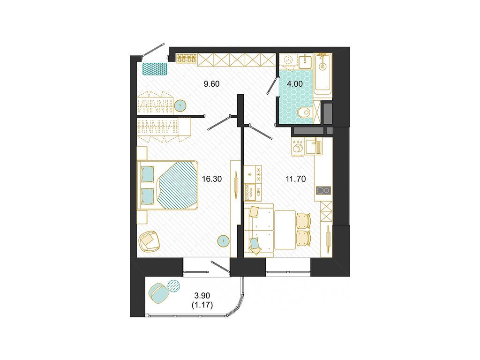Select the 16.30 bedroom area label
[x=211, y=179]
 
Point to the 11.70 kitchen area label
[x=296, y=179]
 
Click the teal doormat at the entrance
[x=155, y=69]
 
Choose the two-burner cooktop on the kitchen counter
[x=323, y=190]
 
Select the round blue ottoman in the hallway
[x=180, y=105]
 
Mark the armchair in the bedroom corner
[x=150, y=240]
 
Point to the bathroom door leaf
[x=271, y=86]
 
